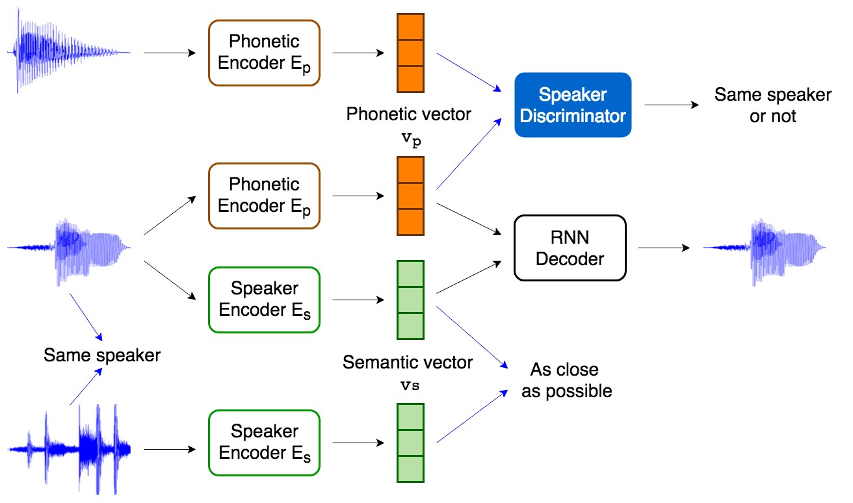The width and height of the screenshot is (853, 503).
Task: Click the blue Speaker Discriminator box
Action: [x=573, y=105]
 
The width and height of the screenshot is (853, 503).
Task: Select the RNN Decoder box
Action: [x=570, y=248]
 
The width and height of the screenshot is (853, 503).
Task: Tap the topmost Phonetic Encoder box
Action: [x=264, y=53]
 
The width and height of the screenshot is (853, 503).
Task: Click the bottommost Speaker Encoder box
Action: [x=264, y=443]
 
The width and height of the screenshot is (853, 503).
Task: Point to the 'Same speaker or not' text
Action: [x=772, y=105]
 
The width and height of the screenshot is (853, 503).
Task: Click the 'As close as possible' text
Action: [x=566, y=380]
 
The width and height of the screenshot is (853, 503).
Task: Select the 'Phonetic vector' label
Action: [x=408, y=114]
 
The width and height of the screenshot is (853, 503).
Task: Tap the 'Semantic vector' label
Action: [x=408, y=362]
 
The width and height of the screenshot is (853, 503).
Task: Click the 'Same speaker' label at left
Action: [x=102, y=355]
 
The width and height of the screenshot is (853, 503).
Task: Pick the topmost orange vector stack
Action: [x=410, y=53]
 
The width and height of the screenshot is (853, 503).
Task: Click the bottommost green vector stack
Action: [x=410, y=443]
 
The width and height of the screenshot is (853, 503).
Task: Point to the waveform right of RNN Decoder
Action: [x=765, y=251]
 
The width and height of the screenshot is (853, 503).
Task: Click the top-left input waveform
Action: [x=68, y=51]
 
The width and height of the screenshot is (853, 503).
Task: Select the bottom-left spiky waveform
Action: [x=70, y=450]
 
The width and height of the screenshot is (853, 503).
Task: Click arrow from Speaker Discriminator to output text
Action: [x=672, y=105]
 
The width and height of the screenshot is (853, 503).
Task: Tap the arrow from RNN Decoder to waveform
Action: [x=664, y=248]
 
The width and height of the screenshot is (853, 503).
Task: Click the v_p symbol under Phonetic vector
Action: [x=412, y=139]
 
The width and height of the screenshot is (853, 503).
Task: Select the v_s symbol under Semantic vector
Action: [x=410, y=385]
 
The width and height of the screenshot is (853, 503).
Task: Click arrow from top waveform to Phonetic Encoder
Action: [x=170, y=53]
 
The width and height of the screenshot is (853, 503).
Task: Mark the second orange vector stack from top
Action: [x=410, y=196]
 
